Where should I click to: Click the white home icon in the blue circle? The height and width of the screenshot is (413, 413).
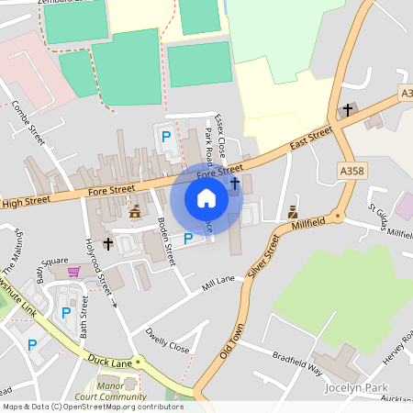point(206,198)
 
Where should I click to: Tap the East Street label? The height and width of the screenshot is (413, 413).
point(310,138)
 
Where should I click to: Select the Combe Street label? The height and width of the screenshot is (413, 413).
point(29,123)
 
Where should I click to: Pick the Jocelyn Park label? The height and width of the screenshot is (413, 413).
point(358,387)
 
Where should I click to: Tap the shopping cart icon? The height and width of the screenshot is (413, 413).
point(73,272)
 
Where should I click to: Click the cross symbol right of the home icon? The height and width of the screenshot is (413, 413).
point(235,184)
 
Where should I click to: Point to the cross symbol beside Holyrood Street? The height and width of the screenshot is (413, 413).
point(108,244)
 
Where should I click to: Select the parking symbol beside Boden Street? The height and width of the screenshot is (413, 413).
point(188,239)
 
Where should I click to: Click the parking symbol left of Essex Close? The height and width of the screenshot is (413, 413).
point(166,137)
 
